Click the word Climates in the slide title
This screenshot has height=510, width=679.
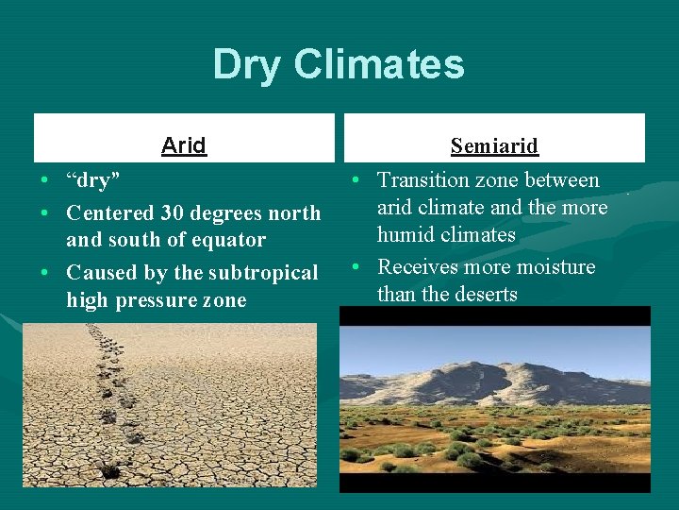pos(379,65)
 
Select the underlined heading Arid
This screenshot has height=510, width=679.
pos(184,145)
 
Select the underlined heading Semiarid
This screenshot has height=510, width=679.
pos(494,146)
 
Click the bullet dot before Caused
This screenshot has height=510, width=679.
pos(44,273)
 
